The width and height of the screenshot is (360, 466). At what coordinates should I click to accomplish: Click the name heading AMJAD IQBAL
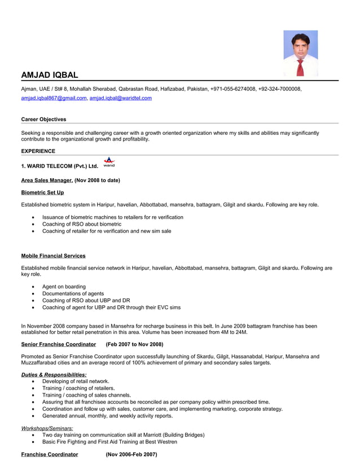click(x=50, y=75)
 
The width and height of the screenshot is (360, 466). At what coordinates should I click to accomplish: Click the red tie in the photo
click(x=301, y=67)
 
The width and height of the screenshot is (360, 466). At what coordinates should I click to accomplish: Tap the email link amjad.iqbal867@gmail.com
click(x=54, y=98)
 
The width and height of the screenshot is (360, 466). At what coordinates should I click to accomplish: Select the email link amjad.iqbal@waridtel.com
click(x=121, y=98)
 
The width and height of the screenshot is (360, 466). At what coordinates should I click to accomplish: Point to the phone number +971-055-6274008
click(x=232, y=89)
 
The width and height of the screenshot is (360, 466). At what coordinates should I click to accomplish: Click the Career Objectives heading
click(x=43, y=120)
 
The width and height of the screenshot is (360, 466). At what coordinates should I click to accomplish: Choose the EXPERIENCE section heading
click(x=38, y=151)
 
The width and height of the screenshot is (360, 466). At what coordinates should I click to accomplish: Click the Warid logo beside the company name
click(x=109, y=162)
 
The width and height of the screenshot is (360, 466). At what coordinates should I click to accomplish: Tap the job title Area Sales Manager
click(x=47, y=180)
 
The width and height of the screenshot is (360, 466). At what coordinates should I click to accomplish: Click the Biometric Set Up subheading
click(x=42, y=192)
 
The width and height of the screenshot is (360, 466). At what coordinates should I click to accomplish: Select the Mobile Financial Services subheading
click(x=54, y=256)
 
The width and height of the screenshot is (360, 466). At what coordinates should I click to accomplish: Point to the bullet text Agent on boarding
click(x=64, y=287)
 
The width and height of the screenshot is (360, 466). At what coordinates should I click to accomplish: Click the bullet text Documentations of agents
click(x=73, y=293)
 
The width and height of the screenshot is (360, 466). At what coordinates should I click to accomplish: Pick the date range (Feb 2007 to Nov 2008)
click(x=134, y=344)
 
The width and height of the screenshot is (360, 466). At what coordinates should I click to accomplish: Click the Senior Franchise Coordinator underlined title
click(x=59, y=344)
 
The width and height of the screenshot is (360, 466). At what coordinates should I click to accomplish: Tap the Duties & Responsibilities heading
click(x=54, y=375)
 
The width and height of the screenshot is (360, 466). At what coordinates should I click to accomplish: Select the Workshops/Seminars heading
click(x=47, y=428)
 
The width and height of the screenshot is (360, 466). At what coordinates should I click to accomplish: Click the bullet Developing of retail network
click(x=76, y=381)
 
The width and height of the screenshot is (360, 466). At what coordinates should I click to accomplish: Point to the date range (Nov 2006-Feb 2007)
click(x=131, y=454)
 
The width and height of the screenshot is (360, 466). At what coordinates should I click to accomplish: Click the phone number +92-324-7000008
click(x=280, y=89)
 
